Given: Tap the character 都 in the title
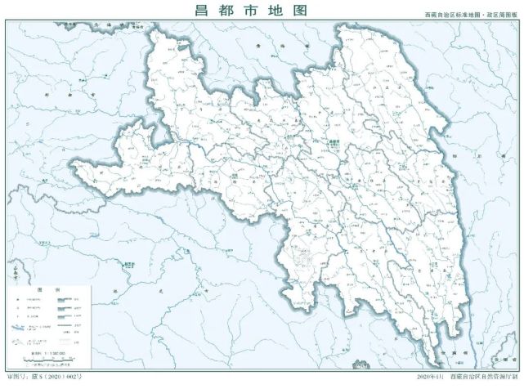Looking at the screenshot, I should [231, 11].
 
